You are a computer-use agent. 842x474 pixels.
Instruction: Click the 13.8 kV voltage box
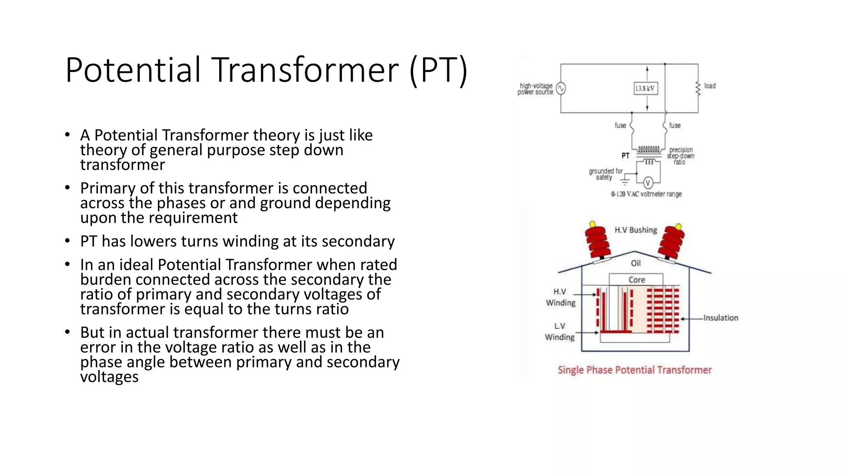click(x=645, y=88)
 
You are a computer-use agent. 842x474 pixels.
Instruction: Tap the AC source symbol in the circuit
click(x=561, y=88)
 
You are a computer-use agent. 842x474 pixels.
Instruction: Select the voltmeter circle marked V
click(x=648, y=183)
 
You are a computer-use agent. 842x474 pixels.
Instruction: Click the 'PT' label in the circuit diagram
click(x=625, y=156)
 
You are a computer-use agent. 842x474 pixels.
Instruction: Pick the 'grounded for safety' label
click(x=605, y=174)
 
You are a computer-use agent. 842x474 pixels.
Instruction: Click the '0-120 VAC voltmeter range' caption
click(x=646, y=194)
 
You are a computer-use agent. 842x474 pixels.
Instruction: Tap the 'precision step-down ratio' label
click(x=681, y=156)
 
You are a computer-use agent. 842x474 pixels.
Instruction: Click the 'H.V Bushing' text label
click(x=636, y=230)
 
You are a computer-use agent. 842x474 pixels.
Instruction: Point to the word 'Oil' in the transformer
click(x=636, y=263)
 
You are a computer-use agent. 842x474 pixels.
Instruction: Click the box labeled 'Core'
click(x=636, y=280)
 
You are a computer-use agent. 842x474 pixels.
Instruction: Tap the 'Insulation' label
click(x=720, y=318)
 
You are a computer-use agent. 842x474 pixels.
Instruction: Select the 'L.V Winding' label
click(x=560, y=332)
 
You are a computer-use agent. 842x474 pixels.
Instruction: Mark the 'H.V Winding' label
click(x=560, y=297)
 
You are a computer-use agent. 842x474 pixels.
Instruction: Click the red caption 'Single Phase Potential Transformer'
click(x=634, y=370)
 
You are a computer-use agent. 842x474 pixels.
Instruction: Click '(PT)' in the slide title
click(x=439, y=70)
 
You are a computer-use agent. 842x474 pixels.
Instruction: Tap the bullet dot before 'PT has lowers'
click(x=67, y=241)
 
